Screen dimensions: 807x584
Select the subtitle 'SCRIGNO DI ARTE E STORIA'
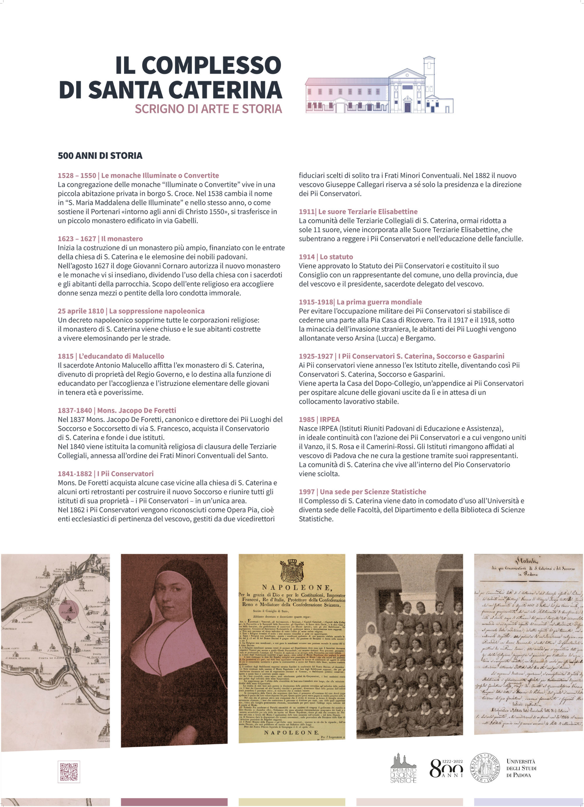pyautogui.click(x=208, y=109)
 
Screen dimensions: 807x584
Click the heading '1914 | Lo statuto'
pyautogui.click(x=326, y=257)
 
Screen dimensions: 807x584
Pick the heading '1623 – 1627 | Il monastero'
pyautogui.click(x=100, y=239)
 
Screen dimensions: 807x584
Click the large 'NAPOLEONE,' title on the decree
pyautogui.click(x=291, y=587)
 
